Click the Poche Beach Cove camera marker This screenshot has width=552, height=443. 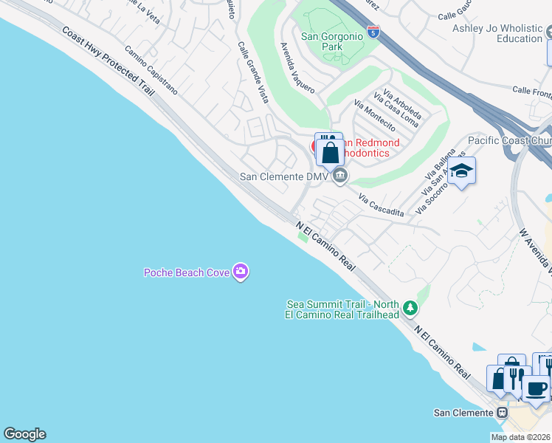click(240, 272)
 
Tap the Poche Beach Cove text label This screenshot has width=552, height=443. click(187, 273)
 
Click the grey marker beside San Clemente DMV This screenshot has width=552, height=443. click(339, 176)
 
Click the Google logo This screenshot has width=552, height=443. click(24, 434)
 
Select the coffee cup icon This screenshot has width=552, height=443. click(536, 388)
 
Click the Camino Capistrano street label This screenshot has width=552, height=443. click(151, 72)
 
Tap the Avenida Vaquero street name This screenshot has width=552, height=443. click(297, 67)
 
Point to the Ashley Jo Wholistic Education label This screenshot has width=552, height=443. click(498, 33)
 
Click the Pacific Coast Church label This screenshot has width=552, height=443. click(510, 140)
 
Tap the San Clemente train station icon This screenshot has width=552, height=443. click(502, 412)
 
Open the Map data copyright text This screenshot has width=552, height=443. click(520, 437)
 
